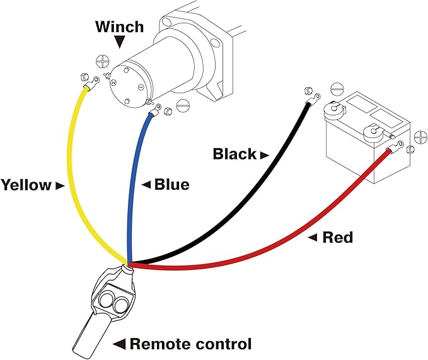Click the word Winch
point(119,27)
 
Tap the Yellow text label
point(26,185)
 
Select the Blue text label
point(171,185)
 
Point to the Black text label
point(234,154)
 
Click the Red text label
point(337,238)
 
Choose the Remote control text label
point(190,344)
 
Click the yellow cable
point(70,177)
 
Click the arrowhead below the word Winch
point(120,44)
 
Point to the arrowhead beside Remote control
point(118,344)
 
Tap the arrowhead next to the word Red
point(313,238)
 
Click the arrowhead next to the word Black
point(264,154)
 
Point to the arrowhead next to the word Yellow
point(60,185)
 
